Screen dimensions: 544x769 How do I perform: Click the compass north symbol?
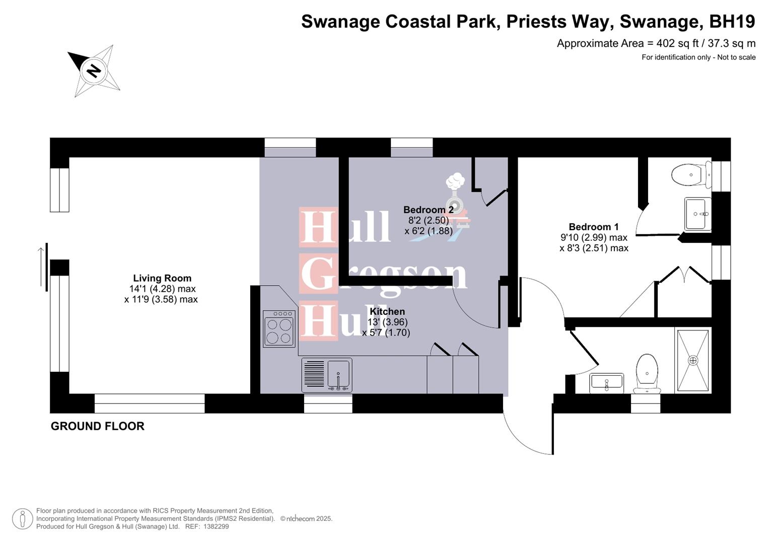(x=94, y=70)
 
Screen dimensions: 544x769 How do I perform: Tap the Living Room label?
(x=162, y=278)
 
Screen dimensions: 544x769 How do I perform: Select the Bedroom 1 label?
(x=593, y=227)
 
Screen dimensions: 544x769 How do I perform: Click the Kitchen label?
(x=387, y=311)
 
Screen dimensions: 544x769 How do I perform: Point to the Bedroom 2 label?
(x=428, y=210)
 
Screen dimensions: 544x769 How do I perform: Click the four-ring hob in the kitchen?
(x=279, y=329)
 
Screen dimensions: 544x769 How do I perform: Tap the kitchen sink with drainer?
(x=327, y=375)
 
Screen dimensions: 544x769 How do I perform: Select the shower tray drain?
(x=693, y=361)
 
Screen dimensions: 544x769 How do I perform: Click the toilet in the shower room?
(x=647, y=373)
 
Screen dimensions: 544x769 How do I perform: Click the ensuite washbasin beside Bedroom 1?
(x=697, y=214)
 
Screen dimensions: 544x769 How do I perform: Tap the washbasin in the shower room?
(x=606, y=383)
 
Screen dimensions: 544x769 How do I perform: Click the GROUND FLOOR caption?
(x=98, y=426)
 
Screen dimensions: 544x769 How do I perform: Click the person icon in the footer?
(x=22, y=519)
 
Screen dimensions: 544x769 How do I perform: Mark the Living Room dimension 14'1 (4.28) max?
(x=162, y=289)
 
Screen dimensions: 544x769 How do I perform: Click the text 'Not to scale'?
(x=736, y=57)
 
